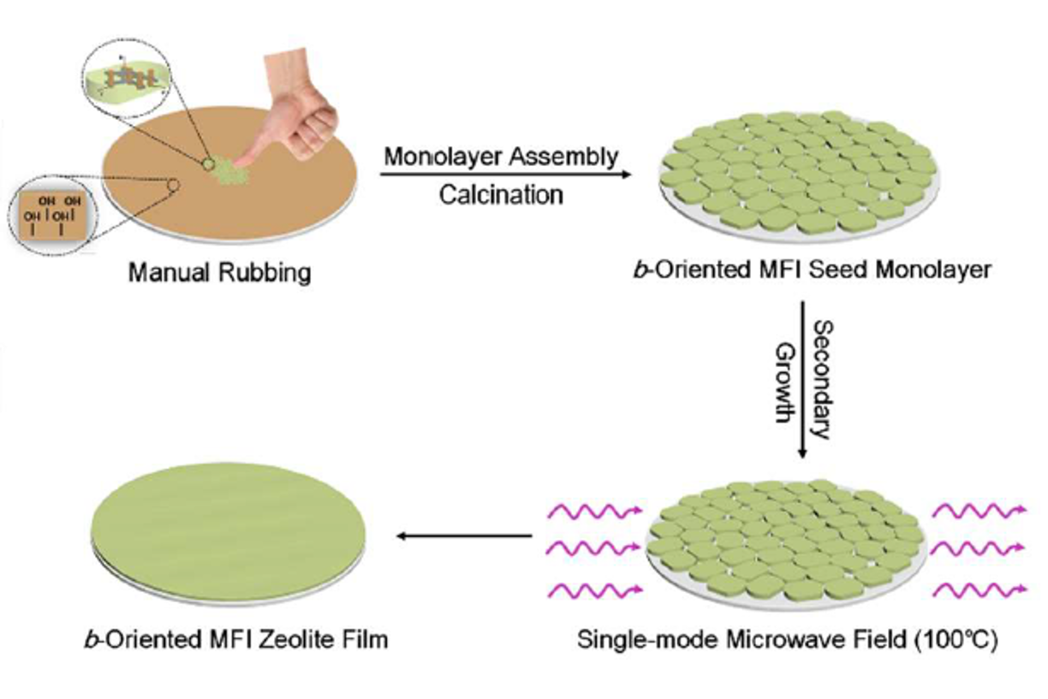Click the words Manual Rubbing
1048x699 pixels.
click(x=219, y=273)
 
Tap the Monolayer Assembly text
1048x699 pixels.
click(x=501, y=157)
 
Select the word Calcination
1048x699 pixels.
click(x=501, y=194)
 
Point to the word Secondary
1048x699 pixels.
click(x=820, y=379)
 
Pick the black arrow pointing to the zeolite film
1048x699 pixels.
click(x=463, y=536)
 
